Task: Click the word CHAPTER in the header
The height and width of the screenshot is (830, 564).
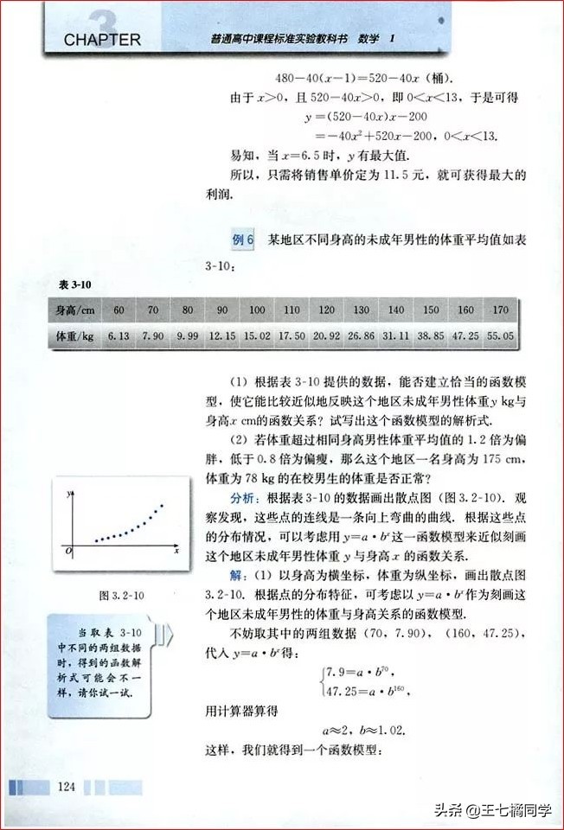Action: tap(101, 39)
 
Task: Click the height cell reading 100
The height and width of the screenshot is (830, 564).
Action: tap(257, 310)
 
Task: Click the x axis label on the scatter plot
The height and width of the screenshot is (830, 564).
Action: tap(176, 550)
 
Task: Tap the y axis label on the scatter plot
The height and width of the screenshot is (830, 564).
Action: tap(68, 493)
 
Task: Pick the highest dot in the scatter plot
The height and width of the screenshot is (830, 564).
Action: tap(162, 505)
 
